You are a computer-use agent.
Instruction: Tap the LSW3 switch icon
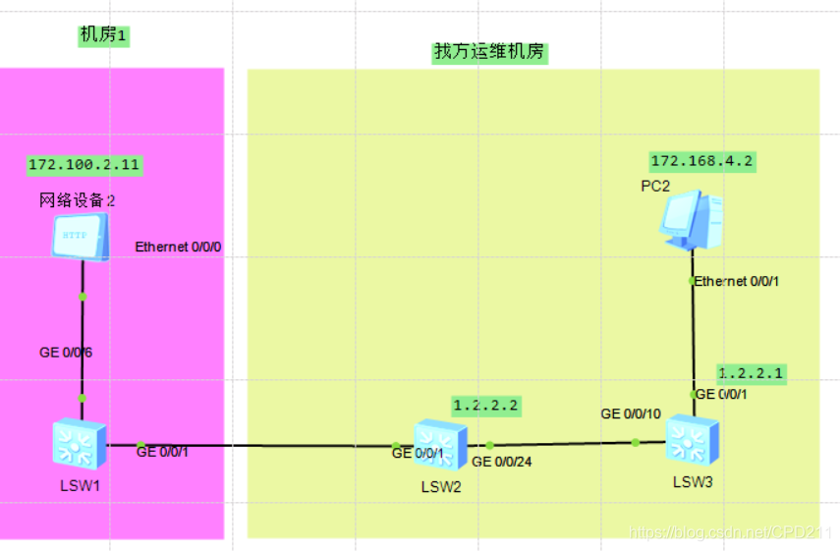pos(692,440)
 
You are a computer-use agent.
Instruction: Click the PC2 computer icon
pos(692,218)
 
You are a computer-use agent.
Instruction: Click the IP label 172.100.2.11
pos(84,164)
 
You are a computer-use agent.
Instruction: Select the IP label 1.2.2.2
pos(485,405)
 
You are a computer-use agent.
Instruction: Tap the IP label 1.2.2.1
pos(752,373)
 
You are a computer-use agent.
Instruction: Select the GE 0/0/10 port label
pos(631,413)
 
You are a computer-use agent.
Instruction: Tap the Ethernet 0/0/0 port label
pos(179,247)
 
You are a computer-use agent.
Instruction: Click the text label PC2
pos(655,187)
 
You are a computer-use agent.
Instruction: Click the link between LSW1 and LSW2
pos(265,446)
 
